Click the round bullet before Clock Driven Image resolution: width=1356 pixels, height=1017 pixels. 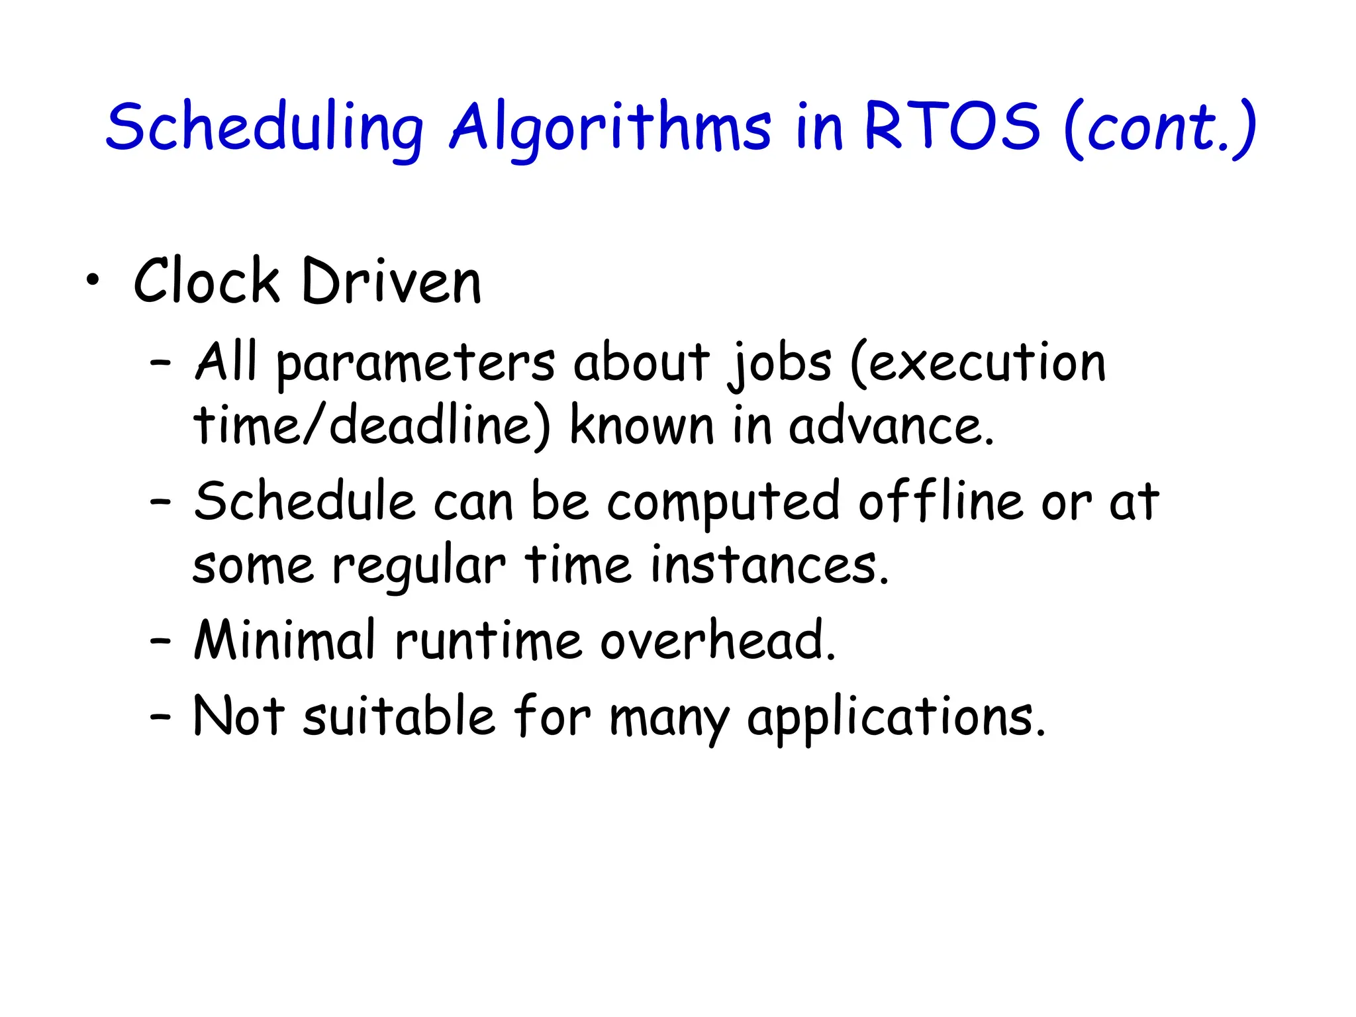pyautogui.click(x=93, y=282)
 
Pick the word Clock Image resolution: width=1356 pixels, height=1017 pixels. pyautogui.click(x=207, y=282)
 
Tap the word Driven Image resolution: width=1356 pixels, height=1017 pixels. pyautogui.click(x=391, y=282)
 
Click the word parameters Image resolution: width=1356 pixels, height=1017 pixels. pyautogui.click(x=415, y=364)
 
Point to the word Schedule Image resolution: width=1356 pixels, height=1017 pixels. pyautogui.click(x=304, y=501)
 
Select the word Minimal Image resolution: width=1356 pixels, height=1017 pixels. pyautogui.click(x=285, y=640)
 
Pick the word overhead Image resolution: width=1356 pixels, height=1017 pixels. pyautogui.click(x=718, y=640)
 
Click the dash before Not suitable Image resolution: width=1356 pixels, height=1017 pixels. pyautogui.click(x=160, y=716)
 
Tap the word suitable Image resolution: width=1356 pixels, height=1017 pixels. pyautogui.click(x=399, y=716)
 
